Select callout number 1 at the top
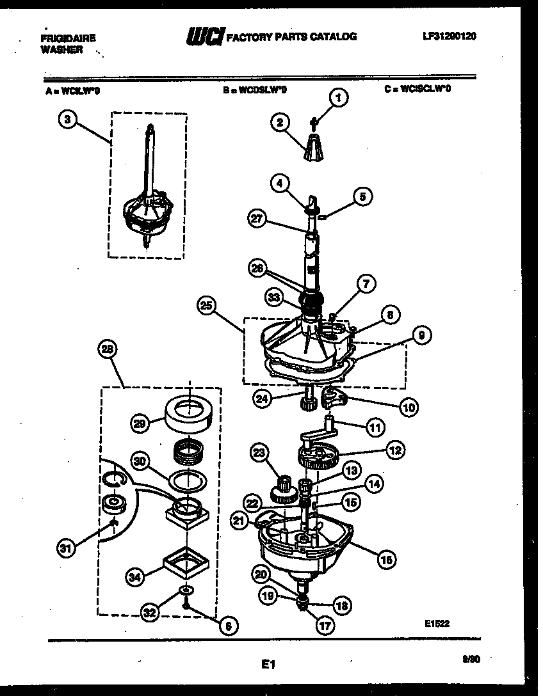click(x=338, y=97)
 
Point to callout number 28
click(x=108, y=349)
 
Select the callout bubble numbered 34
click(x=133, y=578)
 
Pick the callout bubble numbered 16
click(x=385, y=560)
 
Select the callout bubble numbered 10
click(x=409, y=406)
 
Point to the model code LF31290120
click(x=449, y=37)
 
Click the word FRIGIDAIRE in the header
click(x=68, y=38)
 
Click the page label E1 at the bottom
click(x=268, y=665)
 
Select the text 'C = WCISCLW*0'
click(x=417, y=90)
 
